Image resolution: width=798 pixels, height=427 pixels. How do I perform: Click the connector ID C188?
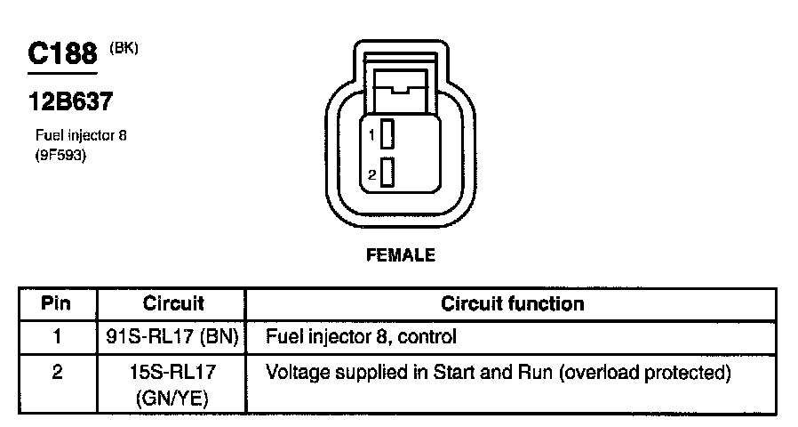(62, 54)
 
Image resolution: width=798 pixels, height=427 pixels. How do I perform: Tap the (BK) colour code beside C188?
(124, 48)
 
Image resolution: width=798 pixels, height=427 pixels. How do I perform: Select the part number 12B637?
(70, 102)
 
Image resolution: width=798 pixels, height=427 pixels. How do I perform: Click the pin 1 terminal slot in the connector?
(387, 134)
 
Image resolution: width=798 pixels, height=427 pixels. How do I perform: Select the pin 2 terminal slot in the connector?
(387, 172)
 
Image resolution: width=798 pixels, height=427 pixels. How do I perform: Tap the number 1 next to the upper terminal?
(373, 135)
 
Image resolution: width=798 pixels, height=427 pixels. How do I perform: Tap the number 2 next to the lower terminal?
(373, 173)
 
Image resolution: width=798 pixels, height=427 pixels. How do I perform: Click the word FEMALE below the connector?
(401, 255)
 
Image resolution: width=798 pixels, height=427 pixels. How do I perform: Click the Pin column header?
(56, 303)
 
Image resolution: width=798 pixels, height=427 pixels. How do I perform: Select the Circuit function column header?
(513, 303)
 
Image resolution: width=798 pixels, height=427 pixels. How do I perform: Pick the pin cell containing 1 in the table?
(57, 337)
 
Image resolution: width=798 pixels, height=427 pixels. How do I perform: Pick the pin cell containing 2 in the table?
(57, 371)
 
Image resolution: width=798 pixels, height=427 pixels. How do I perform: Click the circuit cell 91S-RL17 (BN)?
(172, 337)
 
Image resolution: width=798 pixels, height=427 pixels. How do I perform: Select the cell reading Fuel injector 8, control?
(361, 337)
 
